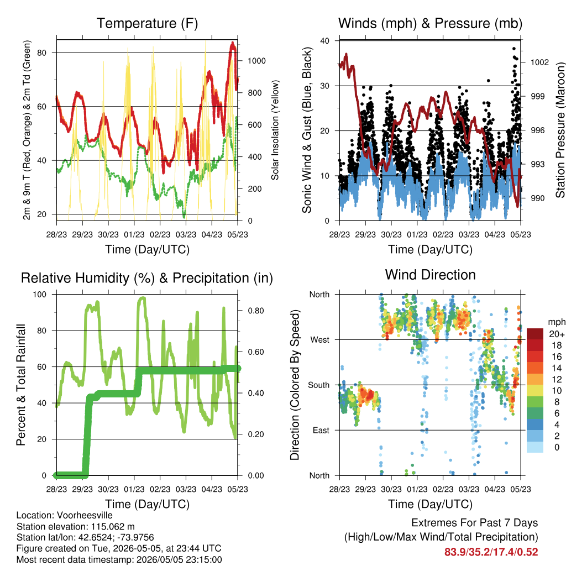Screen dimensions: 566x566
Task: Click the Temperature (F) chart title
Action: pyautogui.click(x=147, y=23)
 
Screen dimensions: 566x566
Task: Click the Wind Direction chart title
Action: pyautogui.click(x=430, y=275)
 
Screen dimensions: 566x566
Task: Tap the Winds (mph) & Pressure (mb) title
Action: pyautogui.click(x=430, y=23)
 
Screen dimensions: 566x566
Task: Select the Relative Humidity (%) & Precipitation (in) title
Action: pyautogui.click(x=147, y=279)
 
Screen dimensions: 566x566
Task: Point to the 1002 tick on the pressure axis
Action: pyautogui.click(x=539, y=62)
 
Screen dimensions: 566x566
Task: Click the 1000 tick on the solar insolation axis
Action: pyautogui.click(x=256, y=61)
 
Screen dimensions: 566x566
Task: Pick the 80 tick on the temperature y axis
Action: pyautogui.click(x=42, y=53)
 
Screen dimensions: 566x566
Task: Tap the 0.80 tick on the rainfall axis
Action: pyautogui.click(x=256, y=311)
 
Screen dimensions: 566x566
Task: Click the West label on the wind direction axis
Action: pyautogui.click(x=320, y=340)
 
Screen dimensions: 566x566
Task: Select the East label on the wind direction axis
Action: pyautogui.click(x=321, y=430)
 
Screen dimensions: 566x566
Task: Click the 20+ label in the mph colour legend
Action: pyautogui.click(x=557, y=334)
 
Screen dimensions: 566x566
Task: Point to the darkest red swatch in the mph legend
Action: pyautogui.click(x=535, y=334)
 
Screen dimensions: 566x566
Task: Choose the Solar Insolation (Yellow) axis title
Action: pyautogui.click(x=275, y=130)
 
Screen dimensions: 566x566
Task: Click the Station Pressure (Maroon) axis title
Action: pyautogui.click(x=560, y=130)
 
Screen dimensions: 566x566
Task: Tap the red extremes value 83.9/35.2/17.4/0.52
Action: pyautogui.click(x=491, y=552)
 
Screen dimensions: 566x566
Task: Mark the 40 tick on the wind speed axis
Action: pyautogui.click(x=324, y=41)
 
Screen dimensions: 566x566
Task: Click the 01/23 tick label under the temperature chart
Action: pyautogui.click(x=134, y=234)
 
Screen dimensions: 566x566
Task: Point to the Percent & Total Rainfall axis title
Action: pyautogui.click(x=22, y=385)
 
